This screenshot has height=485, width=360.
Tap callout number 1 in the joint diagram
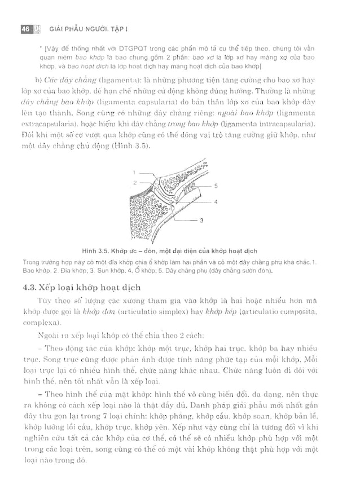pyautogui.click(x=134, y=172)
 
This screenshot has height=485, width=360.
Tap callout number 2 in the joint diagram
pyautogui.click(x=134, y=182)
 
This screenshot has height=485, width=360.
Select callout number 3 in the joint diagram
pyautogui.click(x=201, y=221)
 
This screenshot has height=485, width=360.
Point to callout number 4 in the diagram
pyautogui.click(x=216, y=201)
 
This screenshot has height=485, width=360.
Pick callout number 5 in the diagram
pyautogui.click(x=216, y=185)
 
